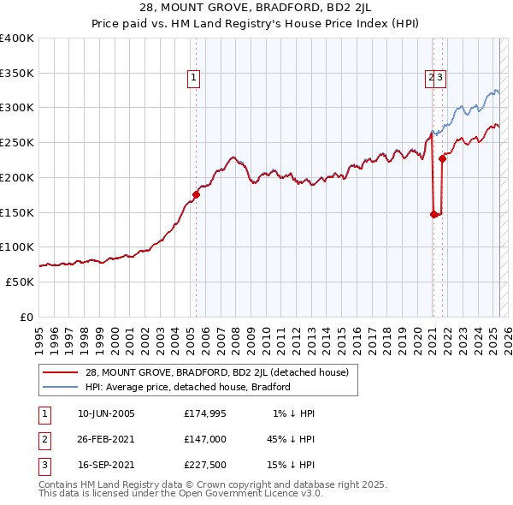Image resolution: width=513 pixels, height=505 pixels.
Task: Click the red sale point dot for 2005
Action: [196, 194]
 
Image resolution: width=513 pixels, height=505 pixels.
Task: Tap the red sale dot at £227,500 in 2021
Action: [442, 158]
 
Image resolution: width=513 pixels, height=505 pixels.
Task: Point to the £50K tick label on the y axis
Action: [20, 282]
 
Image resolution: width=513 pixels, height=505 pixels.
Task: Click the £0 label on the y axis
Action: [27, 317]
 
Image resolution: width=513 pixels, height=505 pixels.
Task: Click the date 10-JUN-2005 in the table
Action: [105, 413]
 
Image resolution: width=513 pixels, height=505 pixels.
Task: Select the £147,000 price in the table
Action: [204, 438]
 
